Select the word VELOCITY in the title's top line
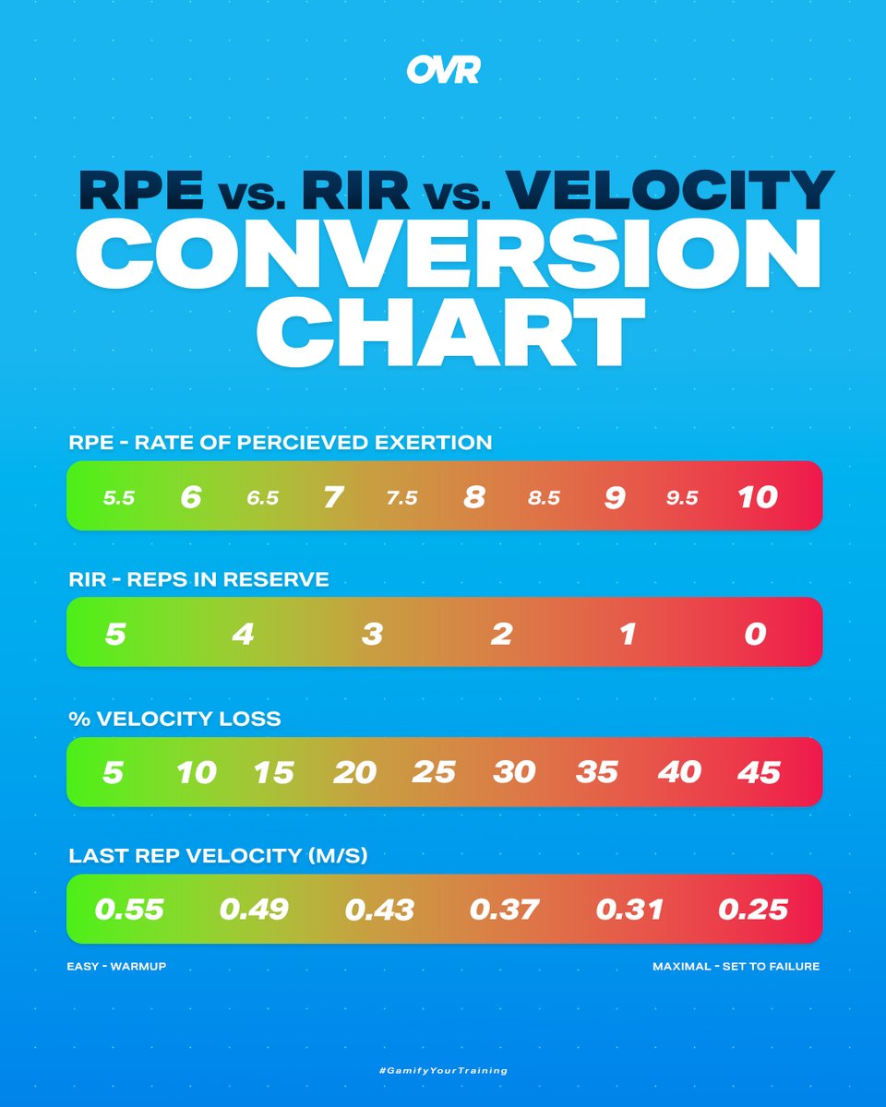click(x=671, y=189)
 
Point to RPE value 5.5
click(x=119, y=498)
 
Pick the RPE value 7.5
click(x=401, y=498)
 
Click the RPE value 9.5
click(x=682, y=498)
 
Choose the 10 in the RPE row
click(x=758, y=497)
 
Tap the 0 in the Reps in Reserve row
click(x=755, y=635)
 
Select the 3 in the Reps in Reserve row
click(x=371, y=635)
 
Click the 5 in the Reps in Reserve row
click(x=114, y=635)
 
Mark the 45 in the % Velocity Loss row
click(x=759, y=772)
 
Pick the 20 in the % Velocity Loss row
click(x=354, y=772)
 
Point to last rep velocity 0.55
click(x=129, y=910)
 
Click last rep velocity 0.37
click(x=504, y=910)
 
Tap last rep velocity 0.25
click(x=753, y=910)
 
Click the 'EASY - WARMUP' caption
click(x=116, y=967)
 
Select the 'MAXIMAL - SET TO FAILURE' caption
click(x=736, y=967)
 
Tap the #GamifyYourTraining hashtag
click(x=443, y=1071)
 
